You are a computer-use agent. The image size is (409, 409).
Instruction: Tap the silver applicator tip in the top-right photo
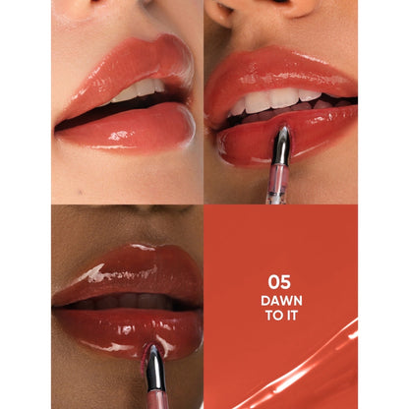(x=283, y=137)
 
